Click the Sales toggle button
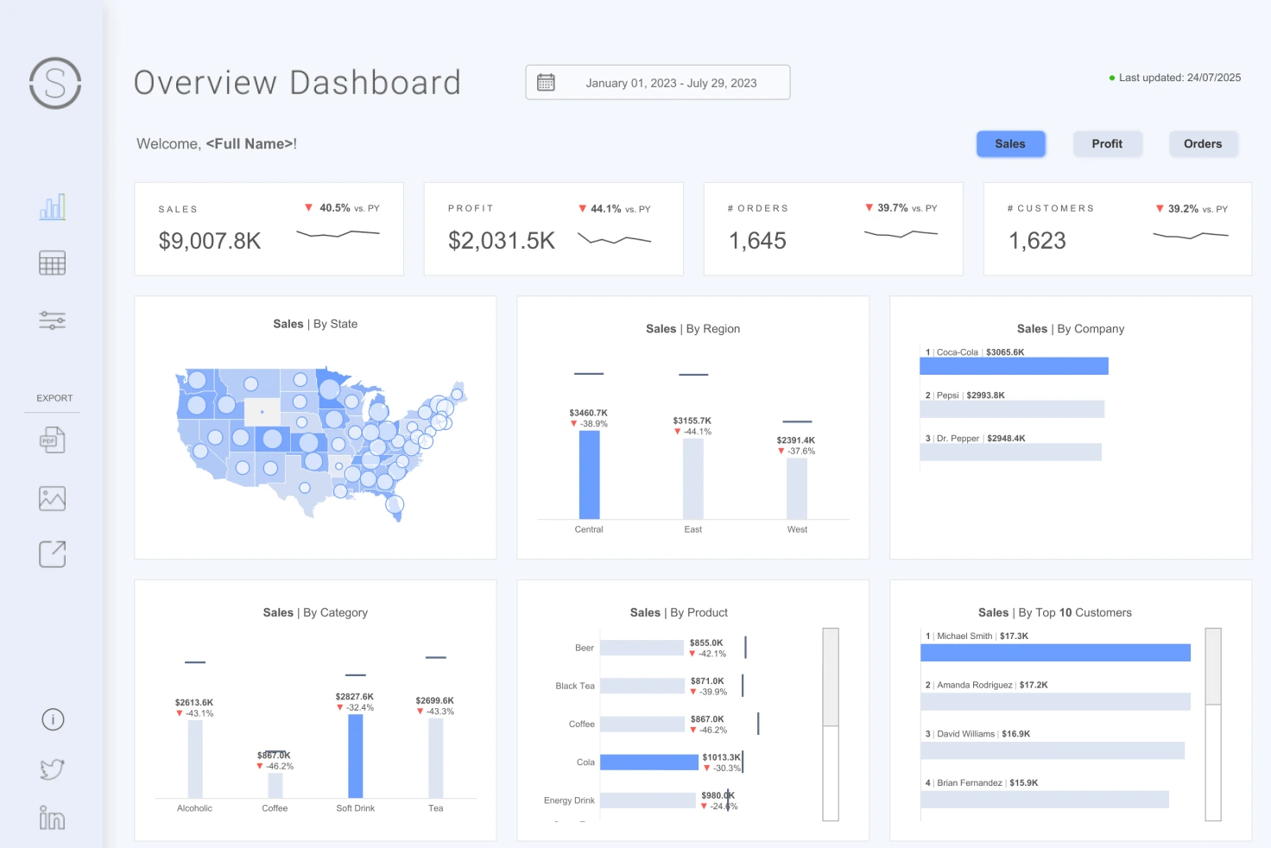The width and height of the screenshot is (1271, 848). pos(1010,144)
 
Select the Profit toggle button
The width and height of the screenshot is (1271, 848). pos(1107,144)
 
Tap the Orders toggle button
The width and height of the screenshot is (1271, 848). pos(1203,144)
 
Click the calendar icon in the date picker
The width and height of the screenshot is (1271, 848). pos(546,83)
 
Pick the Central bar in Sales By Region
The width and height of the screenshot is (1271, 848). pos(589,474)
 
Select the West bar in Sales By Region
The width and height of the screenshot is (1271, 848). pos(797,488)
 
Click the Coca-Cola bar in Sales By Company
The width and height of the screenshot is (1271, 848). pos(1014,366)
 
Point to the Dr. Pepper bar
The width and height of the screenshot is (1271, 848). pos(1010,452)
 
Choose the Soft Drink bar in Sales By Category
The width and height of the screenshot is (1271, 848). pos(356,756)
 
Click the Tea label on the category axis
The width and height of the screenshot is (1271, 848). pos(436,808)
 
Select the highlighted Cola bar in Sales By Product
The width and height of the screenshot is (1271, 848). pos(648,763)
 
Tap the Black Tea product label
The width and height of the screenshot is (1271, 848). pos(575,686)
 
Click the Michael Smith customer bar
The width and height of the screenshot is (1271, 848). pos(1055,653)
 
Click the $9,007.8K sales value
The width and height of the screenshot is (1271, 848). pos(210,241)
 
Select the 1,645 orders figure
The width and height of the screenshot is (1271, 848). pos(757,241)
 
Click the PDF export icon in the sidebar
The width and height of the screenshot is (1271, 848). pos(52,440)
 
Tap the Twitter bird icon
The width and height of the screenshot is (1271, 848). pos(52,769)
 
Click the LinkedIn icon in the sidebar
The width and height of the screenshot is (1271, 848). pos(52,818)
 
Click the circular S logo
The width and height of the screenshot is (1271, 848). pos(55,83)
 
